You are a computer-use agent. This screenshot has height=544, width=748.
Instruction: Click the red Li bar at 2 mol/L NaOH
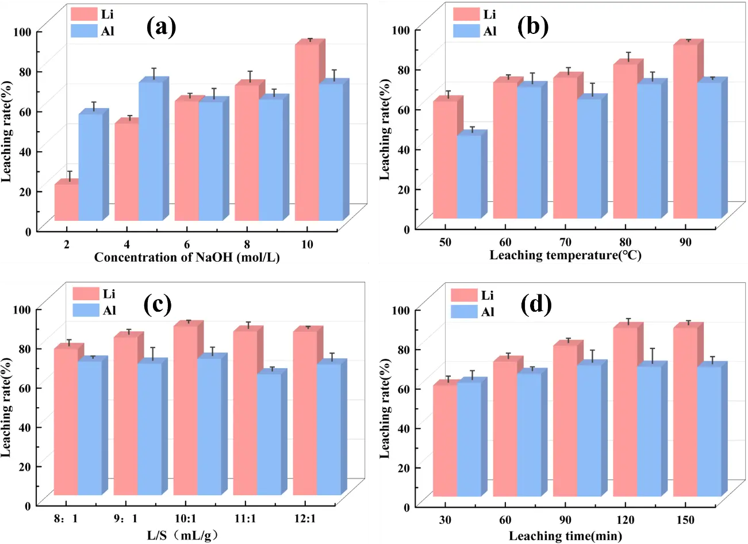[x=66, y=202]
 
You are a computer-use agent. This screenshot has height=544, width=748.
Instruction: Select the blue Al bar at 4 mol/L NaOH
[x=151, y=151]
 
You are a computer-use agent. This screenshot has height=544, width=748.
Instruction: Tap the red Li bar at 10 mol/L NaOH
[x=306, y=132]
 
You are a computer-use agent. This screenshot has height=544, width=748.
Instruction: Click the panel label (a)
[x=161, y=27]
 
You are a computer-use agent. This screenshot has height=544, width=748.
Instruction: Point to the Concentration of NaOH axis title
[x=187, y=257]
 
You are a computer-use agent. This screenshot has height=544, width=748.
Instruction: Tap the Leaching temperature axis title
[x=565, y=255]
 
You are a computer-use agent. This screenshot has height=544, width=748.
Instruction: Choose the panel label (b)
[x=533, y=26]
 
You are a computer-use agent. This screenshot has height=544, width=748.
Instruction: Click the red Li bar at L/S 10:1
[x=185, y=410]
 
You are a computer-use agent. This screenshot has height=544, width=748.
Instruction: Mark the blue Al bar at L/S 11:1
[x=269, y=434]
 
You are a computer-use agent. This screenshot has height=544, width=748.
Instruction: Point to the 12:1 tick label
[x=305, y=519]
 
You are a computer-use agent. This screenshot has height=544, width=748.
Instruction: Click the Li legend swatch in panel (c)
[x=86, y=293]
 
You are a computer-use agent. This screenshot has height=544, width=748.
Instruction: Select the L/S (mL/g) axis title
[x=182, y=535]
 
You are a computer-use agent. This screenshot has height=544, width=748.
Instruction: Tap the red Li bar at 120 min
[x=625, y=411]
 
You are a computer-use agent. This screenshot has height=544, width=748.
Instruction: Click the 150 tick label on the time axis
[x=685, y=520]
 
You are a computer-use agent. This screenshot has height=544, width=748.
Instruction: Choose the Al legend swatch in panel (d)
[x=464, y=312]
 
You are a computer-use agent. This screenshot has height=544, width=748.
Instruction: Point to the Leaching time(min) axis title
[x=565, y=536]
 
